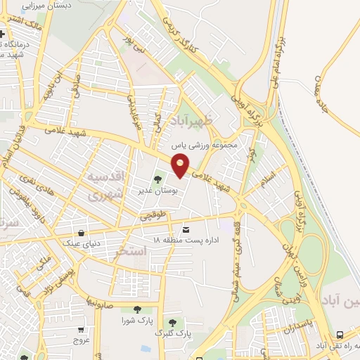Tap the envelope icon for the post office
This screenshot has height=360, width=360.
click(186, 230)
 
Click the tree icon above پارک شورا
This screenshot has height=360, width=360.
click(136, 310)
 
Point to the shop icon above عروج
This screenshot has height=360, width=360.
click(82, 328)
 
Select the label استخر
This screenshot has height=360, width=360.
click(134, 250)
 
